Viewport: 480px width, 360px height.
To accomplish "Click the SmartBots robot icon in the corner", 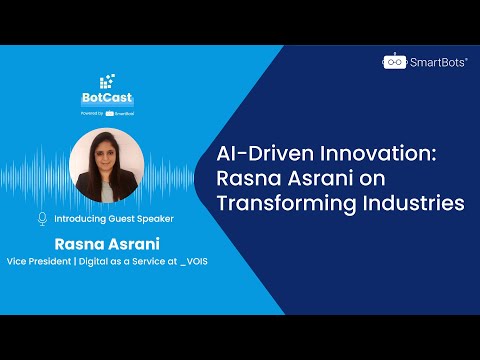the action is [395, 61].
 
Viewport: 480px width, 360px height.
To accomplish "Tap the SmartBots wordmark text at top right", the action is [438, 62].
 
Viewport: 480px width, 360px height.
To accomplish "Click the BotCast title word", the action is [107, 97].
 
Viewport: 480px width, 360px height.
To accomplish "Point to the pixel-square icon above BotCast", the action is [107, 81].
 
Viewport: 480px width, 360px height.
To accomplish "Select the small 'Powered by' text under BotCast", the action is [92, 113].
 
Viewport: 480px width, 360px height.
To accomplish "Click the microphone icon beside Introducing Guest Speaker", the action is [42, 219].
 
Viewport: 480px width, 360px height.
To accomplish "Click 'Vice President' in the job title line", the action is [39, 261].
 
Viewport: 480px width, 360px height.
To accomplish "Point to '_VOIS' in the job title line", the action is [194, 261].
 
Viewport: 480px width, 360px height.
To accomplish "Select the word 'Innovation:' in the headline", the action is [378, 154].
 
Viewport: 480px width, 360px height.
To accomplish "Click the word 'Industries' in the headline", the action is [414, 203].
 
